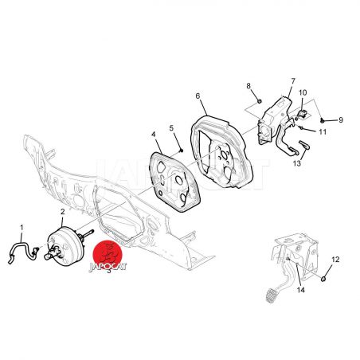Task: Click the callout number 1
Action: (22, 228)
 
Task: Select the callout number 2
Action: (63, 212)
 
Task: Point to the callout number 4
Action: (154, 135)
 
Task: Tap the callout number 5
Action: (171, 128)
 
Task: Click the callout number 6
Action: (198, 96)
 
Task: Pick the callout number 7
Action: (293, 80)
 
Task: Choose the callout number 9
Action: (341, 120)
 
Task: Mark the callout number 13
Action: (297, 163)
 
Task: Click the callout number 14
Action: (301, 290)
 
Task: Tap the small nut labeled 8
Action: (260, 101)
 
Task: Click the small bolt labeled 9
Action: (322, 120)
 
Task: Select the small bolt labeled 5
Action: (182, 151)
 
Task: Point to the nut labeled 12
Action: (323, 279)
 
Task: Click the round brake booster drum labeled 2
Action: (65, 246)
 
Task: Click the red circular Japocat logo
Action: (108, 256)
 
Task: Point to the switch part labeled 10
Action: (302, 114)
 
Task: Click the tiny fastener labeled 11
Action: (302, 128)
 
